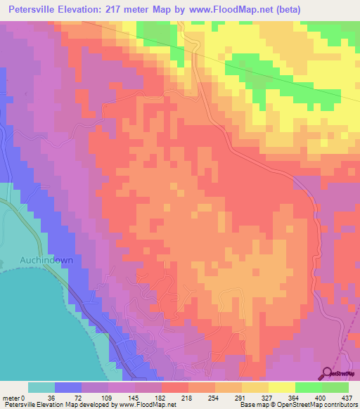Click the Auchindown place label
click(42, 259)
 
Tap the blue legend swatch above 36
click(67, 387)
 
